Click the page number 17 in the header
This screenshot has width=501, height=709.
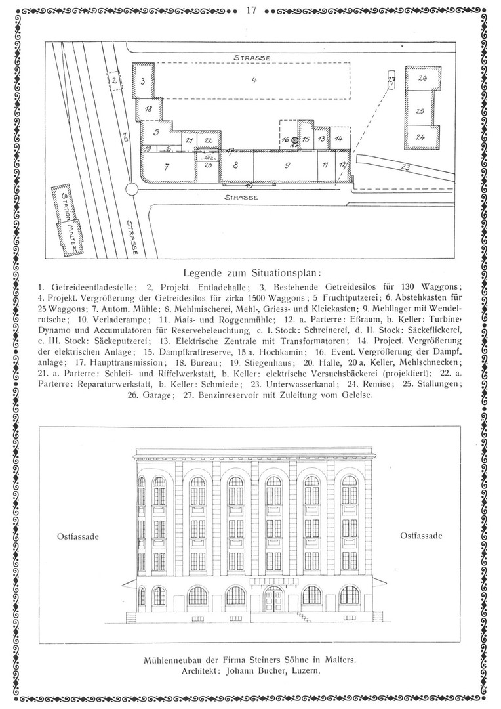pyautogui.click(x=250, y=10)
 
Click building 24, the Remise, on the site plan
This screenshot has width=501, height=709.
pyautogui.click(x=420, y=138)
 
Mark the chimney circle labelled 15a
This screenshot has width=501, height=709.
pyautogui.click(x=295, y=140)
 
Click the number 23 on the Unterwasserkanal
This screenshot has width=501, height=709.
pyautogui.click(x=405, y=167)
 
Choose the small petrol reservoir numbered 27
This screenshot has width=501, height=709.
pyautogui.click(x=392, y=81)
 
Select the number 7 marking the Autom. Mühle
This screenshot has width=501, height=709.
pyautogui.click(x=167, y=167)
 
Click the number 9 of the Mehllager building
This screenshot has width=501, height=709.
pyautogui.click(x=287, y=165)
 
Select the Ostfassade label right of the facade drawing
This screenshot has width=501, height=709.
pyautogui.click(x=421, y=536)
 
